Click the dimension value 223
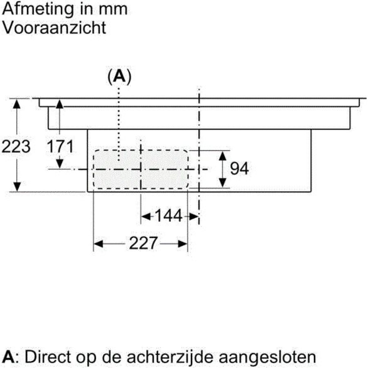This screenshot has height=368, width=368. (x=16, y=146)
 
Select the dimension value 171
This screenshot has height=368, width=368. (x=60, y=146)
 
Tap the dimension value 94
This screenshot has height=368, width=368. (x=239, y=168)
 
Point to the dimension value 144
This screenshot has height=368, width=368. (x=168, y=215)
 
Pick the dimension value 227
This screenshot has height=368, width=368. (x=143, y=243)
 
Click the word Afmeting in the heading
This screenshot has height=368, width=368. (x=38, y=9)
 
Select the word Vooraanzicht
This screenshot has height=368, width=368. (x=54, y=28)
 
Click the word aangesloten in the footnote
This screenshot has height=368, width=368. (x=267, y=357)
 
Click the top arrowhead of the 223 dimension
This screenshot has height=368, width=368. (x=17, y=103)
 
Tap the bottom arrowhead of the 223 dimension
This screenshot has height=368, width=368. (x=17, y=187)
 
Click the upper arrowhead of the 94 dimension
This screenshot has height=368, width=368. (x=222, y=156)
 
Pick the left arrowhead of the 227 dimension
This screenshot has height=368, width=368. (x=98, y=244)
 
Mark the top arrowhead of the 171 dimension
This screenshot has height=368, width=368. (x=60, y=103)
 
